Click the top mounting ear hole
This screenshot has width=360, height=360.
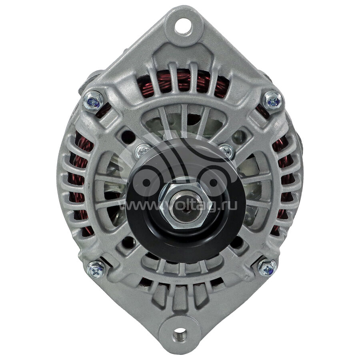coord(183,26)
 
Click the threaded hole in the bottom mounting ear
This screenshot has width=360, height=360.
coord(180,334)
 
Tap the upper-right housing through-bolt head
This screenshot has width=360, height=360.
coord(272,101)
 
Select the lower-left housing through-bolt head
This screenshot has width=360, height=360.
coord(96,269)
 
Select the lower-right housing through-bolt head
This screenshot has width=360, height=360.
coord(267,268)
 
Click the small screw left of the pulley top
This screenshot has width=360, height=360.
coord(142,151)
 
